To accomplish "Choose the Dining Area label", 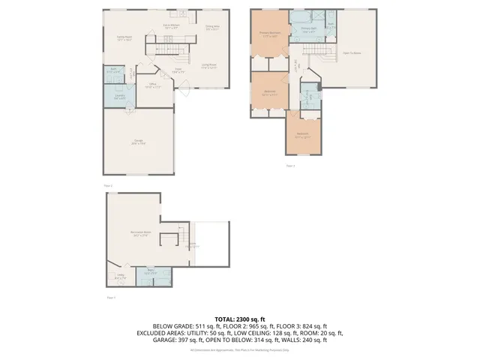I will pos(212,28).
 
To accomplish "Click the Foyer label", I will pos(178,71).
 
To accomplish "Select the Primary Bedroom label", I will pos(269,34).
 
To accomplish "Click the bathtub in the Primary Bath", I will pos(298,16).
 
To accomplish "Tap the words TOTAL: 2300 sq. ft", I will pos(240,319).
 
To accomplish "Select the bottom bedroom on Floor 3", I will pos(302,136).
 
